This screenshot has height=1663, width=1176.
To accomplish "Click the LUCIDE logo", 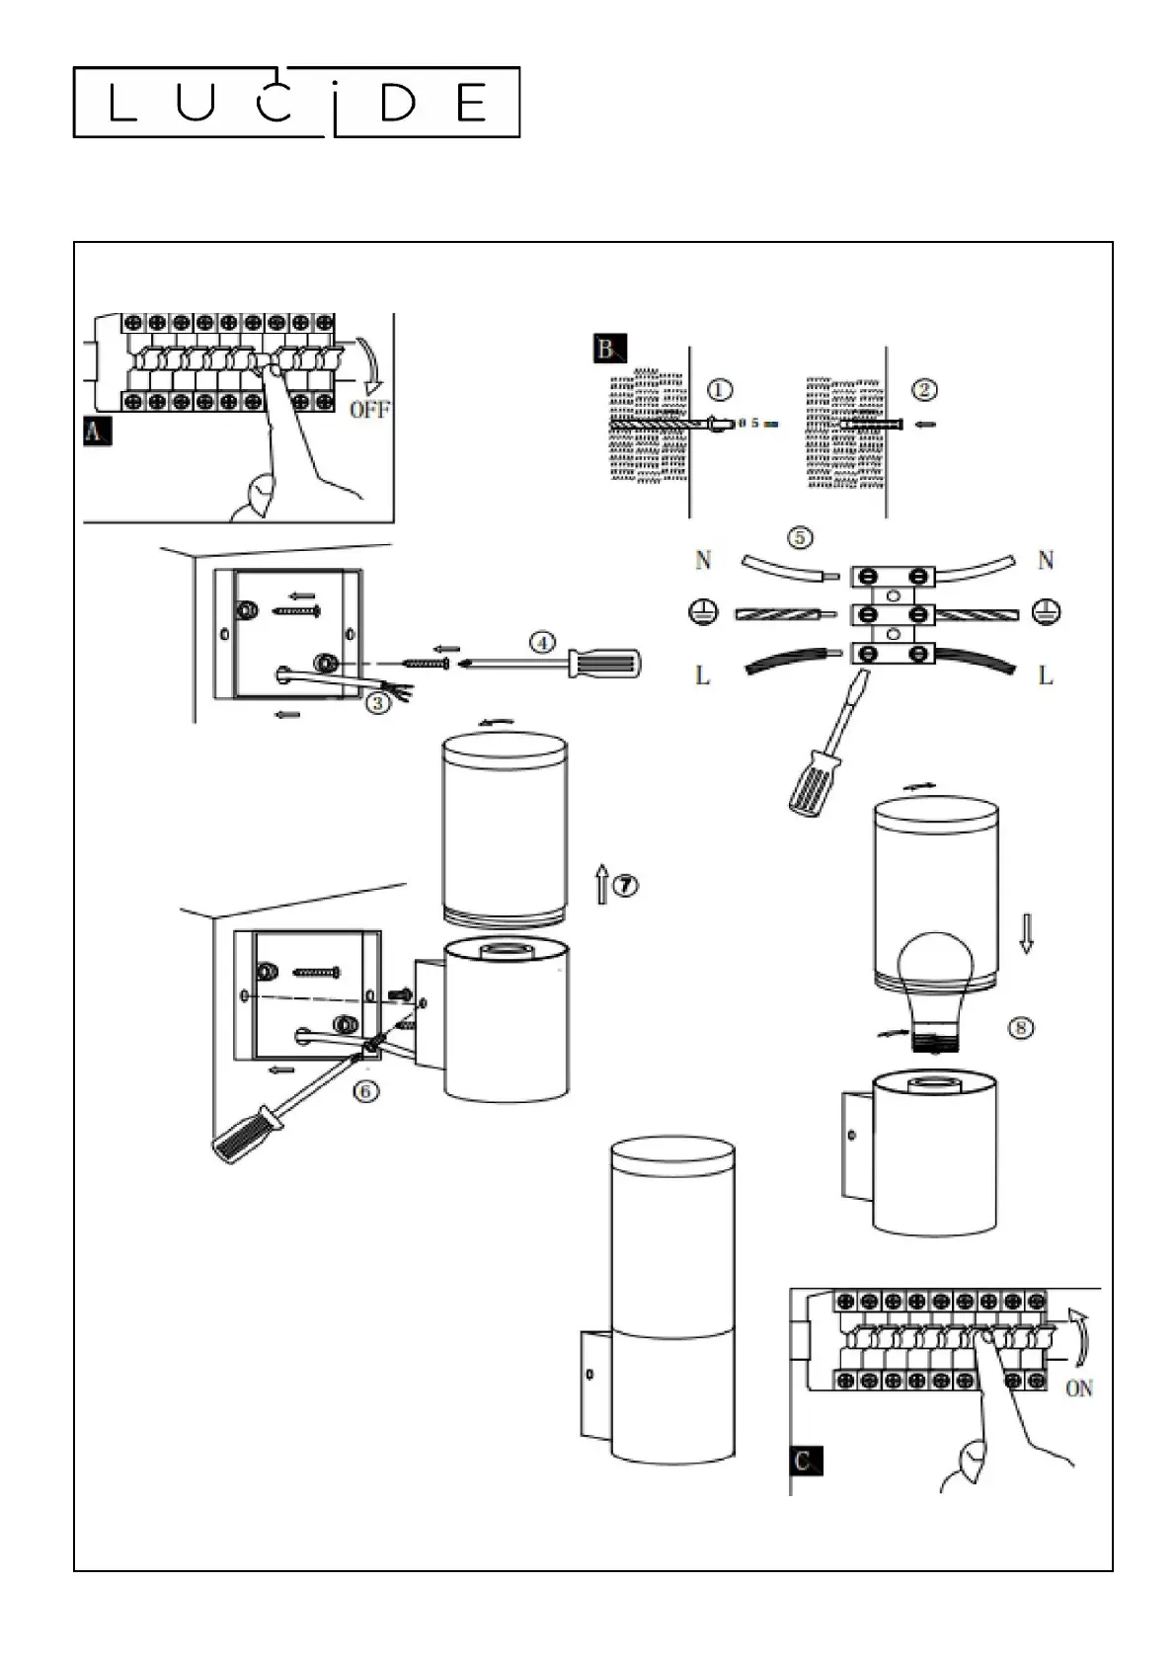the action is (296, 102).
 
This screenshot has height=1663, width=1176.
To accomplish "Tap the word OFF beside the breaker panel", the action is (369, 410).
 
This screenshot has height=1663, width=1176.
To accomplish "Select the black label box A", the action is (97, 432).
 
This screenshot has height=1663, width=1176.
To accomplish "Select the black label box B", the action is (610, 349).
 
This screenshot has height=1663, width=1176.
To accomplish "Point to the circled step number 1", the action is (720, 390).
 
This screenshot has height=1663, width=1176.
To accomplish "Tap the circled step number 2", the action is (924, 390).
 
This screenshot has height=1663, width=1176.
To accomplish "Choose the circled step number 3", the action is (378, 702).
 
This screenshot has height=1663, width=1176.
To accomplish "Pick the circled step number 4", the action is (543, 642).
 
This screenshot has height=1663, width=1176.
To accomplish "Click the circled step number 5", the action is (800, 537).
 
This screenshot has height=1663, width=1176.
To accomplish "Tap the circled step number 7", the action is (626, 885).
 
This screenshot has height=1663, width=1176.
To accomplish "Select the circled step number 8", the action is (1021, 1027).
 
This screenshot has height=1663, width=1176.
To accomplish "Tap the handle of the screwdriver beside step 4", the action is (603, 663).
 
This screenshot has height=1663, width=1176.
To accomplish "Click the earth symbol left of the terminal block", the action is (702, 613).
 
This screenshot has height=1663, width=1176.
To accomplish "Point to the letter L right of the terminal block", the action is (1046, 675).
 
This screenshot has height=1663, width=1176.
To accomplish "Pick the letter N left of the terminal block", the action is (703, 560).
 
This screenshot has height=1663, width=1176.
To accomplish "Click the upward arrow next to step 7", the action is (602, 884).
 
